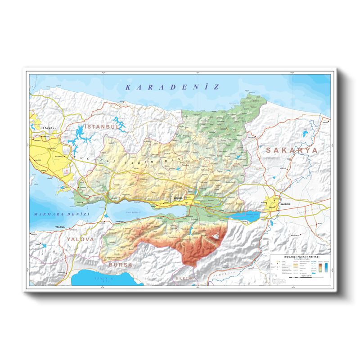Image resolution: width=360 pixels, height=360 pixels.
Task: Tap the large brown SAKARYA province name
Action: coord(291,150)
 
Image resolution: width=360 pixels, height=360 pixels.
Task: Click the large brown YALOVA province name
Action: coord(81,239)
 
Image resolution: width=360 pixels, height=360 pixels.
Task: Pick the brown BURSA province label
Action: coord(120,265)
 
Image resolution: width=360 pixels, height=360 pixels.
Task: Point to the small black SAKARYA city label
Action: coord(286,204)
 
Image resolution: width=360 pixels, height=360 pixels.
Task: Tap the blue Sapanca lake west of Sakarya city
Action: coord(246,216)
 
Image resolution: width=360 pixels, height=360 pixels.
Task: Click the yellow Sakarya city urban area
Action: coord(273,203)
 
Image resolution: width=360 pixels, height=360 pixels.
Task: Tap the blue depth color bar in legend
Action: coord(326,267)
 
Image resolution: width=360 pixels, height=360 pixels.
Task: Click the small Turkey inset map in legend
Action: coord(279,281)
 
